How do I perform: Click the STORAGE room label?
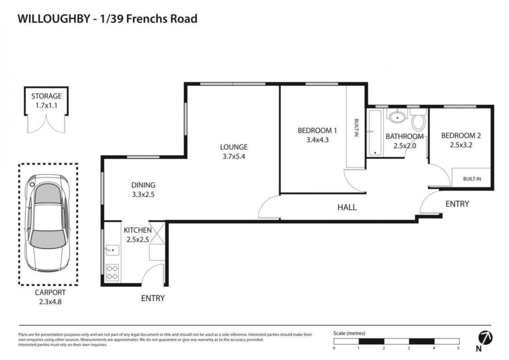[x=46, y=96]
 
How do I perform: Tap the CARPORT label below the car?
[x=50, y=292]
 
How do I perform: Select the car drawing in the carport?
[x=48, y=223]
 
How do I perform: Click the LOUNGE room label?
[x=234, y=147]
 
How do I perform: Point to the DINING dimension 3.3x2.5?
[x=143, y=195]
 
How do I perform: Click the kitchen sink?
[x=112, y=250]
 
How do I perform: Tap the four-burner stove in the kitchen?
[x=112, y=273]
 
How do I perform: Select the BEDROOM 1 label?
[x=317, y=131]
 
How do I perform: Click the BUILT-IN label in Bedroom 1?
[x=356, y=128]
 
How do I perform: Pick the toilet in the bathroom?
[x=418, y=120]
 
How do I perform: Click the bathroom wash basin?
[x=397, y=116]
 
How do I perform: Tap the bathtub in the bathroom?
[x=375, y=132]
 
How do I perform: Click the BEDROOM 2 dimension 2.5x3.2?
[x=461, y=145]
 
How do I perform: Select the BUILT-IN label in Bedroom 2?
[x=472, y=179]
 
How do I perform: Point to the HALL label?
[x=347, y=207]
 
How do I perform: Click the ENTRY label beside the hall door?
[x=457, y=204]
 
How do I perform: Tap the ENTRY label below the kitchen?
[x=153, y=298]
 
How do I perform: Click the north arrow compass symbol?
[x=485, y=338]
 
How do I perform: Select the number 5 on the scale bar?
[x=458, y=348]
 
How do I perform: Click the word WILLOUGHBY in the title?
[x=54, y=18]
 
